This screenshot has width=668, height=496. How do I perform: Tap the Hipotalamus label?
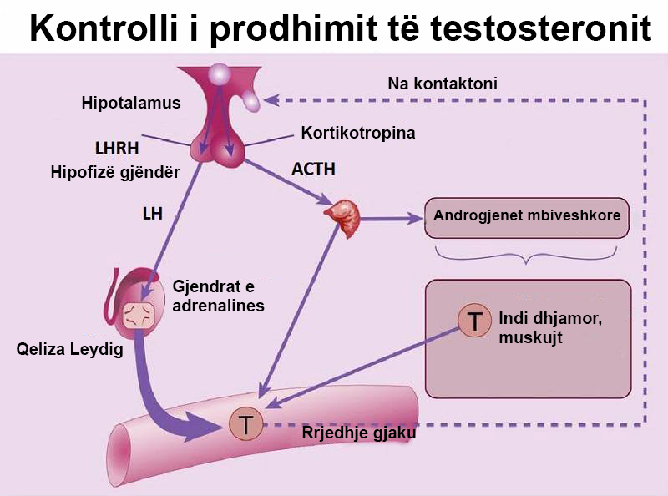pos(131,104)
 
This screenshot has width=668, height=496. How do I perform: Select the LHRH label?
pos(116,149)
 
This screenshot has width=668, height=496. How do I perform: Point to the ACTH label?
pos(313,169)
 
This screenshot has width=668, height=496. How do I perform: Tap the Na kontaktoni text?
pos(443,84)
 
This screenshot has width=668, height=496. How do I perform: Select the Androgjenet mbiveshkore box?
pos(527,216)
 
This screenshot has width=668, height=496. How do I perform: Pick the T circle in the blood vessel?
pos(245,424)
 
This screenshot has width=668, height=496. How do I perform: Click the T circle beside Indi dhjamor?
pos(475,321)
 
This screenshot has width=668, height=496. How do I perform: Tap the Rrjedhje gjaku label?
pos(357,434)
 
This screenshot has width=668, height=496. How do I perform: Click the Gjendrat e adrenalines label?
pos(218,296)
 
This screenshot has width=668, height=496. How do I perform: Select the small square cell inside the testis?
pos(139,316)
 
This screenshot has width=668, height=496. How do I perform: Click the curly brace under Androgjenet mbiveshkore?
pos(527,255)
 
